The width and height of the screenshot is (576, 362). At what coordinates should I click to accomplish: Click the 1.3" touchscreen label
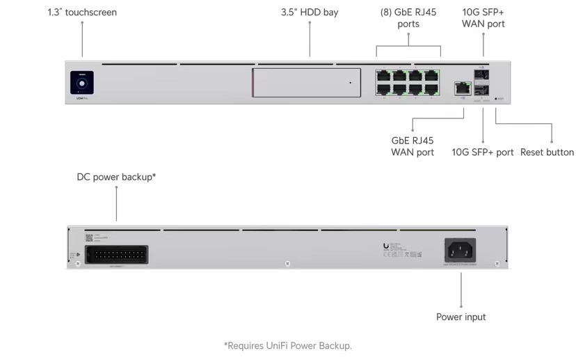point(82,13)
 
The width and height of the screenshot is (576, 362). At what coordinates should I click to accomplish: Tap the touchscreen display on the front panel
point(82,84)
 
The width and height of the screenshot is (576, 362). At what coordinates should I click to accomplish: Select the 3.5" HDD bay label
point(310,13)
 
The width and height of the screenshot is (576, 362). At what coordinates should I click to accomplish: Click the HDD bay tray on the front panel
point(306,83)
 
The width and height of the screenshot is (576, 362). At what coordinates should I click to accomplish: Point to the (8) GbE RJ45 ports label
point(408,18)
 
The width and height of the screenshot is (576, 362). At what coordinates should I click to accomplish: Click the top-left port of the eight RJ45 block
point(383,75)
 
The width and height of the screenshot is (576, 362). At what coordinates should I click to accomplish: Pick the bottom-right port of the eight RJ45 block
point(431,89)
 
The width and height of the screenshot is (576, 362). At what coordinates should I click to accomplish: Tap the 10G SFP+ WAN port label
point(483,18)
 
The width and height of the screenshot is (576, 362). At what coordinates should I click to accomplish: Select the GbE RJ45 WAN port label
point(413,146)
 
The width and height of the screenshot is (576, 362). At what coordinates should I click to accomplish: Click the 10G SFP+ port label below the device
point(483,152)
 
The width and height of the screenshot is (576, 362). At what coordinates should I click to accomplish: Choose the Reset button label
point(547,152)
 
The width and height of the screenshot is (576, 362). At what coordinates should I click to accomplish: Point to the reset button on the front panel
point(495,100)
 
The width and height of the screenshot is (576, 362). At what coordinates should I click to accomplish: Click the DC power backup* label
point(116,177)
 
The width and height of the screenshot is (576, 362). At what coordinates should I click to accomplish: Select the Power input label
point(461,317)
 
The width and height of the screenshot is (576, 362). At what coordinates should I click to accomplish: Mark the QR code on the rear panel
point(88,238)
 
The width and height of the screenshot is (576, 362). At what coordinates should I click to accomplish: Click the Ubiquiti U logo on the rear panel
point(386,245)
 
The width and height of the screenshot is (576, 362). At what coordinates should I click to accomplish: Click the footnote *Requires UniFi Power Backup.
point(288,345)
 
